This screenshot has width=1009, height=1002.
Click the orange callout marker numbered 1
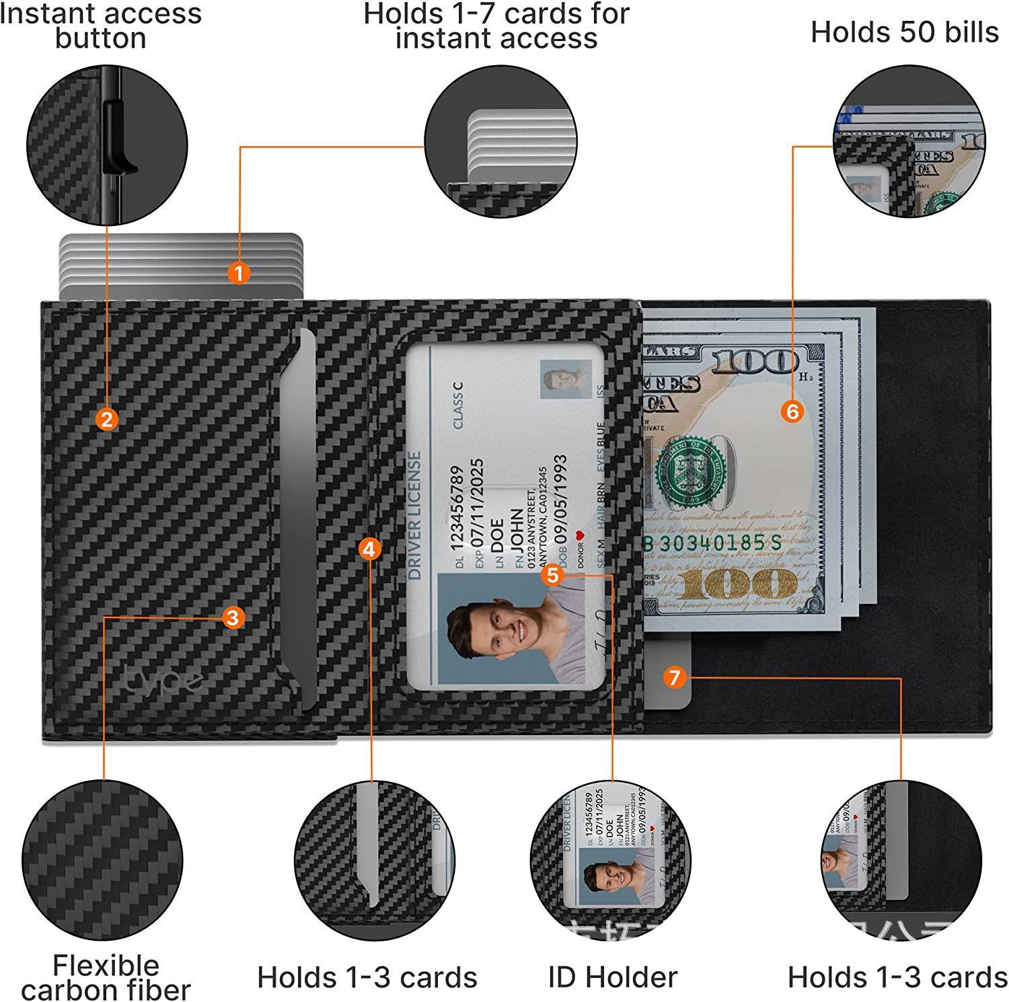239,273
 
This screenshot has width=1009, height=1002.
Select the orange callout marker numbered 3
232,617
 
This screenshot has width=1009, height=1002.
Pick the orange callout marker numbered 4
369,549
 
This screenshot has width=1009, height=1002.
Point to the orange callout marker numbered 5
553,575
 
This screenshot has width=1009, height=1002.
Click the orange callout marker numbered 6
793,411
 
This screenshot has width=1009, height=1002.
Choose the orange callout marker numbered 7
675,677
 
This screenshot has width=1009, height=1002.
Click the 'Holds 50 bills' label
904,32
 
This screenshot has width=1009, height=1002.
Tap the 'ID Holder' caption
612,977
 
